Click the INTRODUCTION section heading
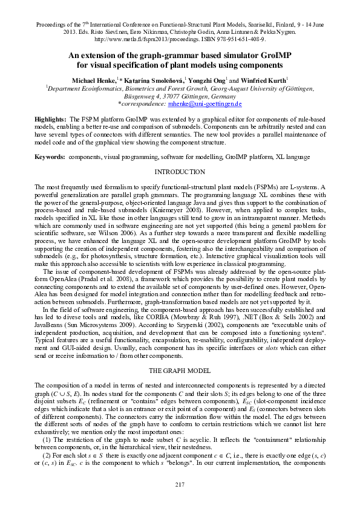(x=180, y=172)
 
